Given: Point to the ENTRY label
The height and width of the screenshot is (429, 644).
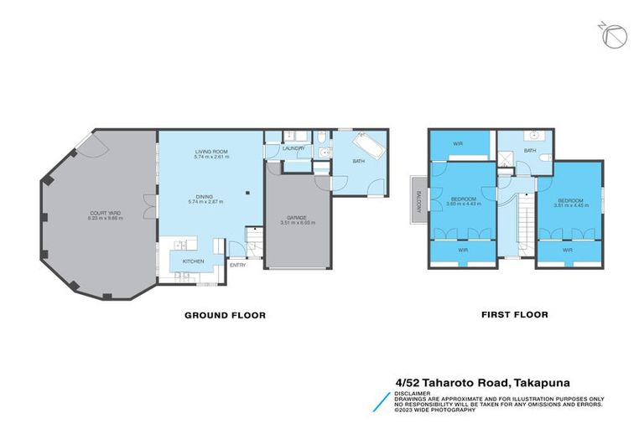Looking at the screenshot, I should pyautogui.click(x=237, y=266).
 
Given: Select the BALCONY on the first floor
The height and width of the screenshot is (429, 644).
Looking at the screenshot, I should pyautogui.click(x=418, y=200).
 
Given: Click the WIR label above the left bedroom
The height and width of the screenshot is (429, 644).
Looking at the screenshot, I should pyautogui.click(x=458, y=143).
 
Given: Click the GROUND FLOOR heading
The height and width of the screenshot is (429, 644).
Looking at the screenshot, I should pyautogui.click(x=225, y=316).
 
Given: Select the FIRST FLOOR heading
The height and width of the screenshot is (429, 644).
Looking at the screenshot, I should pyautogui.click(x=514, y=315).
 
